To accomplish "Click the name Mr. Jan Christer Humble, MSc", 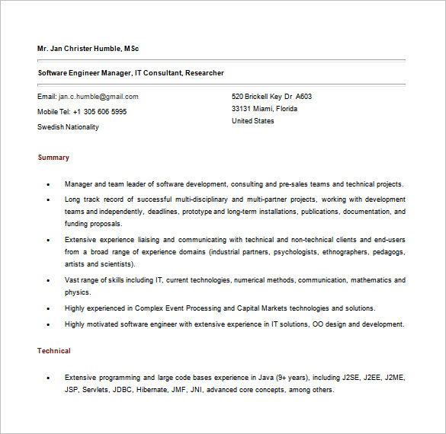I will point(88,49).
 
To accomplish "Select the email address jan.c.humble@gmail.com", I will point(98,97).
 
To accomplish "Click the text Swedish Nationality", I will point(68,127).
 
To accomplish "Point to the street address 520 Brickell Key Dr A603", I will point(271,97).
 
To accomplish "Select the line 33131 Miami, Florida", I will point(265,109).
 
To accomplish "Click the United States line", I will point(253,121).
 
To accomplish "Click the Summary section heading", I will point(53,158).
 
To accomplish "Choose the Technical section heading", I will point(54,351).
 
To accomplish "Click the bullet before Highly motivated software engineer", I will point(48,324).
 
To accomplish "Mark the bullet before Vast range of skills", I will point(48,280).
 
